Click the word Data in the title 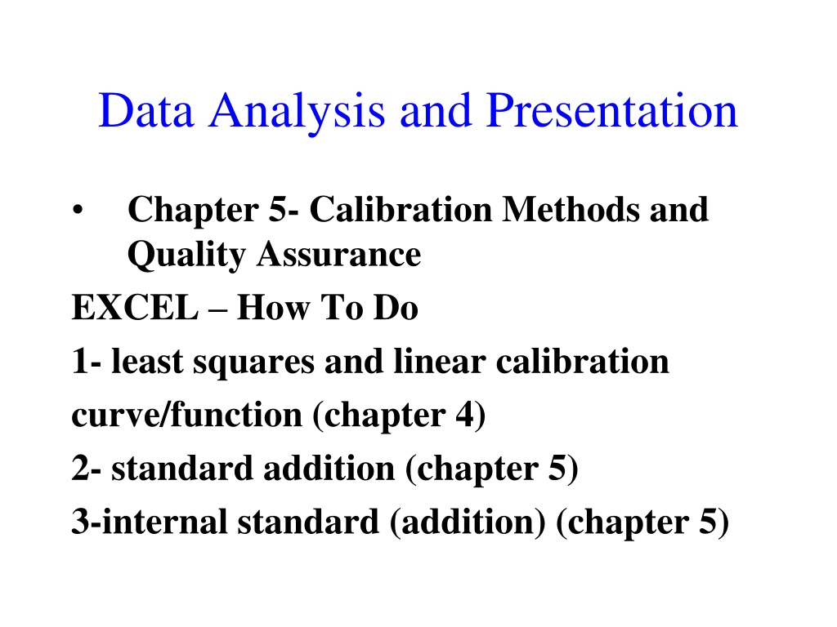coord(145,110)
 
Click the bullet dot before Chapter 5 coord(78,210)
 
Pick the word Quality coord(186,256)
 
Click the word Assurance coord(339,254)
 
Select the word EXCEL coord(135,308)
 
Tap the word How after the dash coord(273,308)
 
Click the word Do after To coord(396,308)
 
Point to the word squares coord(253,363)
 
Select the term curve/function coord(187,414)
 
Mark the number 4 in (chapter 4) coord(464,414)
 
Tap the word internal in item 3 coord(165,521)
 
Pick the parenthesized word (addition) coord(468,522)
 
